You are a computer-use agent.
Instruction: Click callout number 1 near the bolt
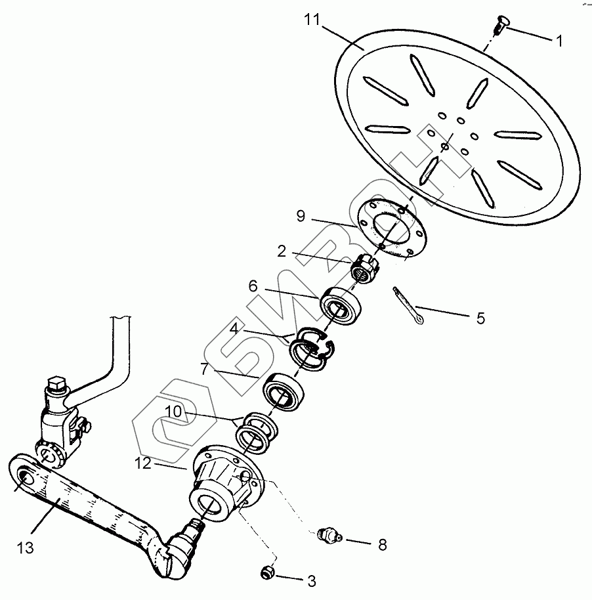pyautogui.click(x=559, y=41)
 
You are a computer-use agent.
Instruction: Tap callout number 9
pyautogui.click(x=300, y=216)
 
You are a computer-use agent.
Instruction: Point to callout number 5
pyautogui.click(x=480, y=318)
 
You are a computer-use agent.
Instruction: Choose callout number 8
pyautogui.click(x=381, y=544)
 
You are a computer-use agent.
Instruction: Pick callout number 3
pyautogui.click(x=311, y=581)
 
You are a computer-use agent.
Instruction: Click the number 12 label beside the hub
pyautogui.click(x=145, y=463)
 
